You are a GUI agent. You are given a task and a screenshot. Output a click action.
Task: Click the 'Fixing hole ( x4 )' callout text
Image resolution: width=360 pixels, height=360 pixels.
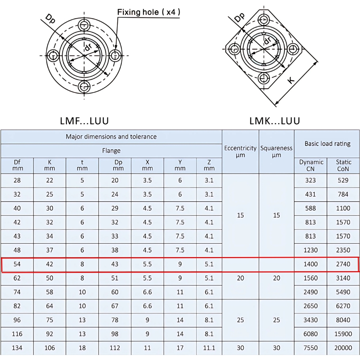(x=149, y=12)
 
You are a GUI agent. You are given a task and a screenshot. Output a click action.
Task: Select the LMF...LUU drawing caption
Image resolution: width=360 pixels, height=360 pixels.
(x=84, y=121)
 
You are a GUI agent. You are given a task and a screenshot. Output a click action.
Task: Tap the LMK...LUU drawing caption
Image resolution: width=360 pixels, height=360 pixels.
(x=275, y=121)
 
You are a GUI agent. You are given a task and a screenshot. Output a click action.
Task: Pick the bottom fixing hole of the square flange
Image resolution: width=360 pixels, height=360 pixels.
(x=264, y=77)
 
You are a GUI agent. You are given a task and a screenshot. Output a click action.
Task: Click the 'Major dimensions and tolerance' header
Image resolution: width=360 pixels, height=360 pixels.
(x=111, y=137)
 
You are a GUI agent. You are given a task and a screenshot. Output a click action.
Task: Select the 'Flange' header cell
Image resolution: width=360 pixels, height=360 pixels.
(x=111, y=150)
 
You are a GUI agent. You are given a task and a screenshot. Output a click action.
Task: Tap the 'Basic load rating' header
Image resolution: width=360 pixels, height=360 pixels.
(x=327, y=144)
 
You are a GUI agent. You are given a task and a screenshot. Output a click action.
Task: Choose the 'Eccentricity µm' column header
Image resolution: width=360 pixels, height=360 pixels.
(x=240, y=151)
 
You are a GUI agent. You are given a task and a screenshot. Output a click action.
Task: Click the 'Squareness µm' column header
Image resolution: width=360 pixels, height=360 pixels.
(x=276, y=151)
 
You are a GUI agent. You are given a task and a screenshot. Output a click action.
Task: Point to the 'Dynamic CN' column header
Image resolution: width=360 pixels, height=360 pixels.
(x=311, y=165)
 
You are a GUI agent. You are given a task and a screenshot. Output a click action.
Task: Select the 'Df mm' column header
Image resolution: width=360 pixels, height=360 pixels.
(x=17, y=165)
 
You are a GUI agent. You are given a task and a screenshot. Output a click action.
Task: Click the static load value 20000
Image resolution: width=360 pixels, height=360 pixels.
(x=343, y=348)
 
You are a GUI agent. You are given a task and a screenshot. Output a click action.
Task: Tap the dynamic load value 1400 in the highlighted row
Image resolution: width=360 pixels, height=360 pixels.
(x=311, y=264)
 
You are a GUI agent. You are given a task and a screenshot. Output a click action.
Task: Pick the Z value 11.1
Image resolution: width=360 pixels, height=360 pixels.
(x=209, y=348)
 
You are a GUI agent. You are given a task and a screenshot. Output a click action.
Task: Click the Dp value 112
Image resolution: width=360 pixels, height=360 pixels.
(x=115, y=348)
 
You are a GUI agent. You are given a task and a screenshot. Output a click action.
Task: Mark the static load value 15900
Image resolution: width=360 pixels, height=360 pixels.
(x=343, y=334)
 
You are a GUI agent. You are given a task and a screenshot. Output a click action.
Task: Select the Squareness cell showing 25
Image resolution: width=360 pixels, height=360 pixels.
(x=276, y=320)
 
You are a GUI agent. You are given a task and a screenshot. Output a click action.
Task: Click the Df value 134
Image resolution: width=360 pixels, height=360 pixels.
(x=17, y=348)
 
